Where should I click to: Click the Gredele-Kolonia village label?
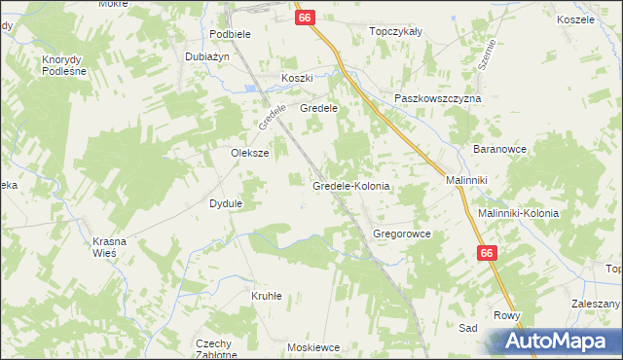coord(350,185)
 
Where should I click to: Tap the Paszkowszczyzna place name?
coord(438,99)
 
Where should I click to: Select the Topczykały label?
coord(395,31)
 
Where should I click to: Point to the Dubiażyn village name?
coord(207,56)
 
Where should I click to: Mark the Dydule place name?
coord(226,203)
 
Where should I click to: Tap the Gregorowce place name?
coord(402,234)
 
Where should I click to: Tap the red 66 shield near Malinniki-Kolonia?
coord(488,253)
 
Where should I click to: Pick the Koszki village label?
coord(297,78)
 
